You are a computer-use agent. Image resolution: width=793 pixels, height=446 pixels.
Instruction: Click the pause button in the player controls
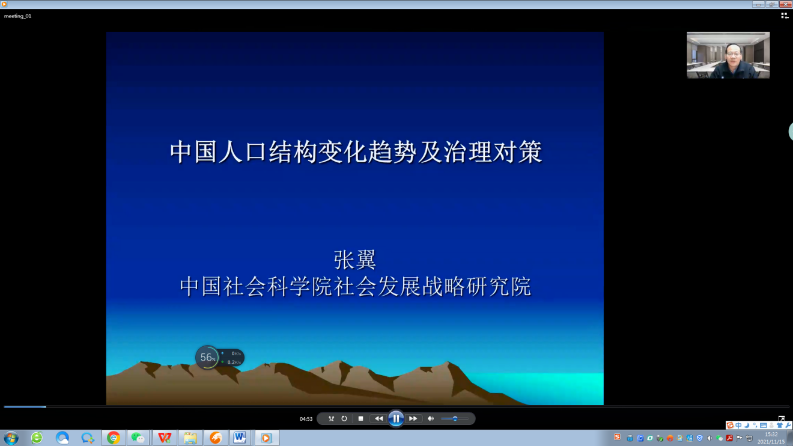click(396, 419)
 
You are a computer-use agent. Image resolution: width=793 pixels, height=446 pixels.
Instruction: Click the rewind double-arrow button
click(378, 419)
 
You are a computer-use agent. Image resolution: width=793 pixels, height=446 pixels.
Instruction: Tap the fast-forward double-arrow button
click(413, 419)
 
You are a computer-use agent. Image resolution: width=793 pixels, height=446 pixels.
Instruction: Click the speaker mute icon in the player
click(431, 419)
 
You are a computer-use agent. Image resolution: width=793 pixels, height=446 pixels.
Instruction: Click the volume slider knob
click(455, 419)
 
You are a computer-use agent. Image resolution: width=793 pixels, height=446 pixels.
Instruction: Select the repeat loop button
click(344, 419)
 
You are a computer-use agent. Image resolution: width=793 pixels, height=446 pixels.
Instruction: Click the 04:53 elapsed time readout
click(306, 419)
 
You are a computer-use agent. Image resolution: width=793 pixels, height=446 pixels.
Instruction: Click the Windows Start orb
click(11, 438)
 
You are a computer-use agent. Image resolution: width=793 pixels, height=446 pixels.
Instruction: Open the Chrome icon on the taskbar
click(114, 438)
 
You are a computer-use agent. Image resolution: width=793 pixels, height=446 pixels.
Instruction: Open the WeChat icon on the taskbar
click(138, 438)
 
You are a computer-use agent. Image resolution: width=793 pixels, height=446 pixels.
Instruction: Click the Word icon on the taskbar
click(239, 438)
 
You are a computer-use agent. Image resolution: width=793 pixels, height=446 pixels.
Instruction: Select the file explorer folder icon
click(190, 438)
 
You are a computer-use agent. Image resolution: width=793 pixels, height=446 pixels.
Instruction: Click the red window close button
click(785, 4)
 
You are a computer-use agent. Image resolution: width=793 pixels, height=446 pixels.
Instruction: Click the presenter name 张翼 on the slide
click(354, 260)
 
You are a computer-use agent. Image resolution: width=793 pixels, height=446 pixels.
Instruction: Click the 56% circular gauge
click(207, 358)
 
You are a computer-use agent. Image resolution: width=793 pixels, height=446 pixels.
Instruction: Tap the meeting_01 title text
click(17, 16)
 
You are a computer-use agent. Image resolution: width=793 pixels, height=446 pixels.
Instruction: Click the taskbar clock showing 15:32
click(771, 435)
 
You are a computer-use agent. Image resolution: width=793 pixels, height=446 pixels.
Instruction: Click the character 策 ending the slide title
click(530, 152)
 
